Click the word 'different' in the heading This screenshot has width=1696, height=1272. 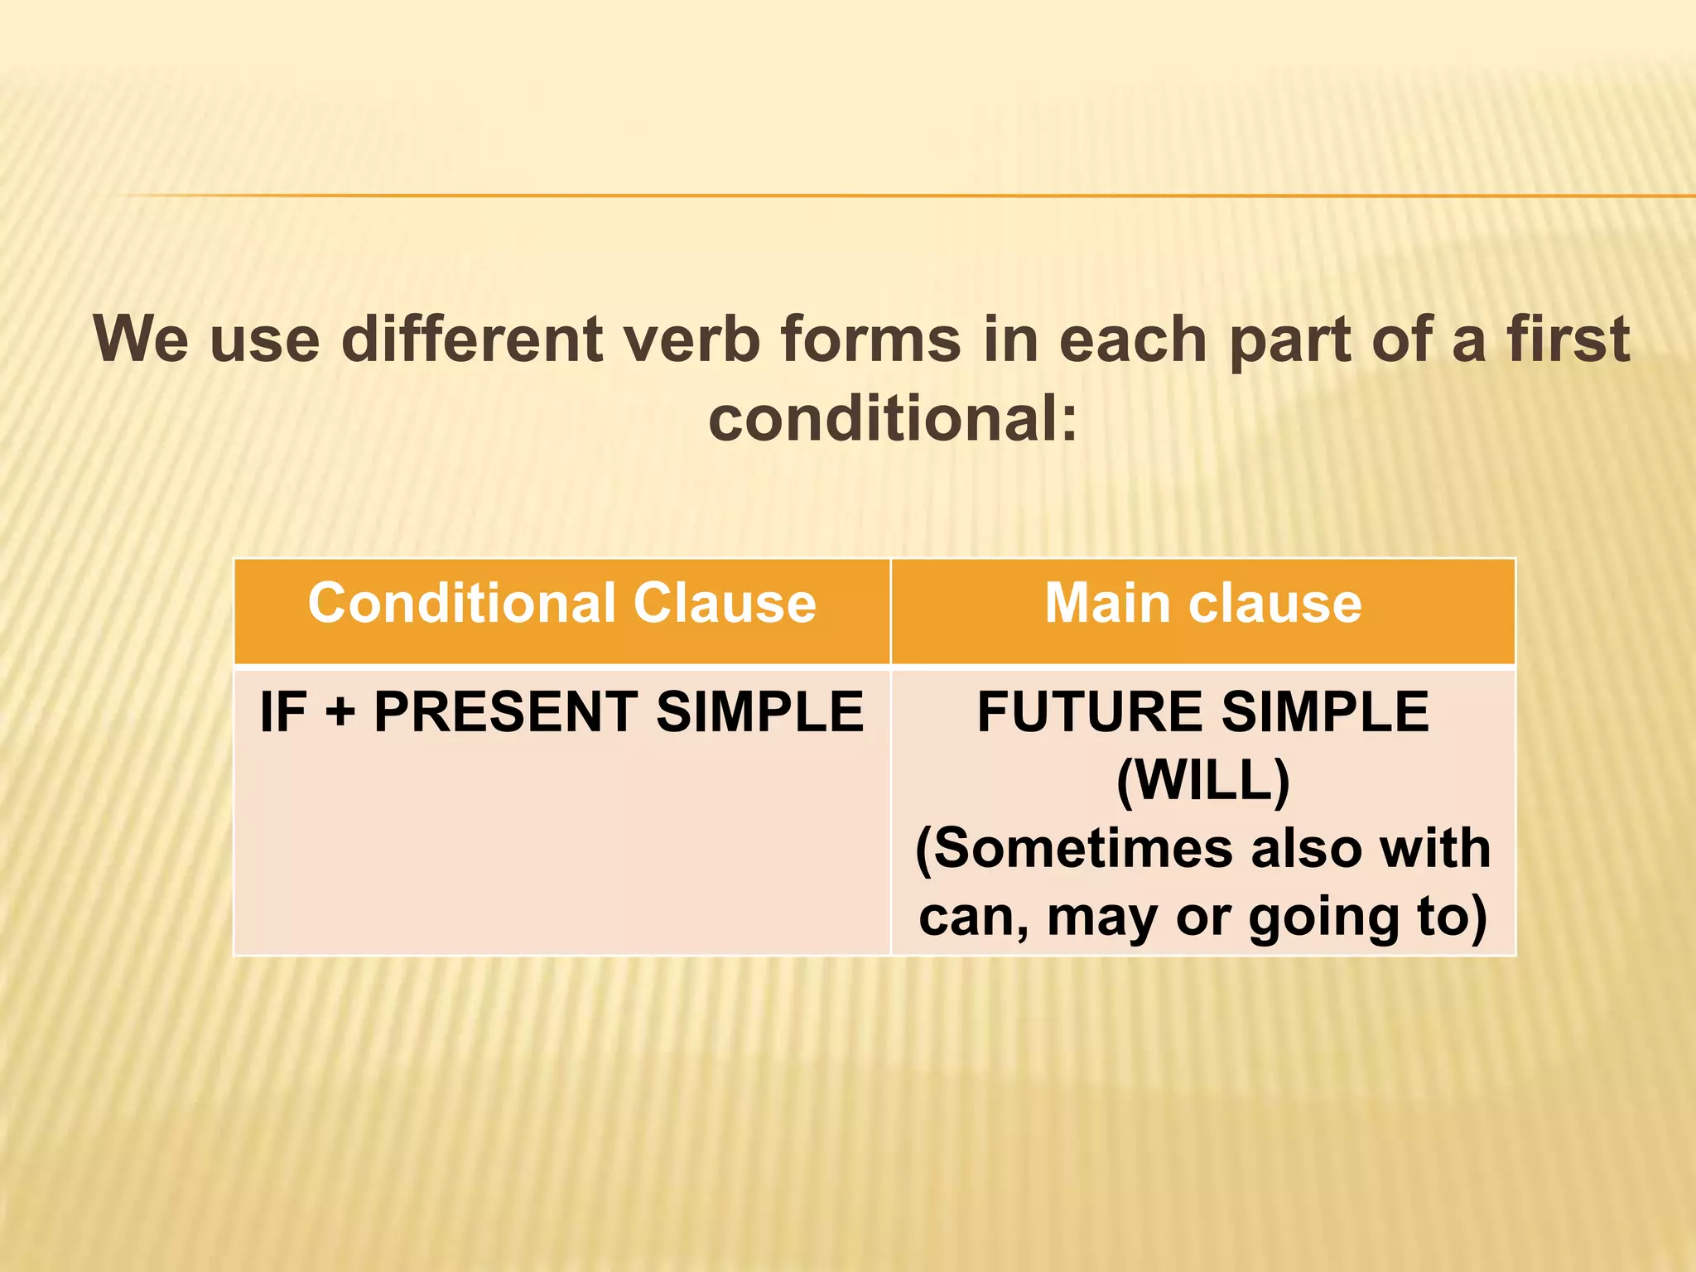(472, 339)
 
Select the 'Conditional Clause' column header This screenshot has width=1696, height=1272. (561, 603)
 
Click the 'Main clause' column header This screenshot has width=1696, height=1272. (1202, 603)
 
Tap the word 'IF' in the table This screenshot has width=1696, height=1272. (282, 712)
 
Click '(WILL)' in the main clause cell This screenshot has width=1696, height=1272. (1202, 780)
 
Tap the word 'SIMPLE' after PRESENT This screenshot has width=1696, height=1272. (759, 712)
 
